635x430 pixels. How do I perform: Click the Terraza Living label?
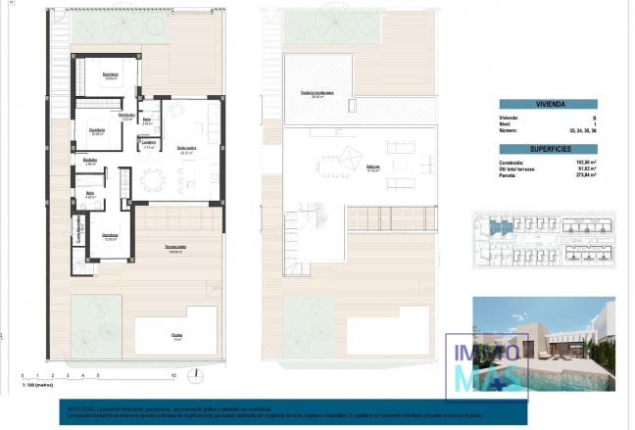[x=177, y=251]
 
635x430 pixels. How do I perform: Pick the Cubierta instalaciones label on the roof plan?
[x=317, y=93]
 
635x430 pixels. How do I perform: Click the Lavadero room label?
[x=149, y=143]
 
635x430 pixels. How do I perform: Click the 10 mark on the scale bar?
[x=173, y=375]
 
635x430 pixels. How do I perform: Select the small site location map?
[x=545, y=240]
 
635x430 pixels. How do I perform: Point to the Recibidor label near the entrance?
[x=90, y=163]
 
